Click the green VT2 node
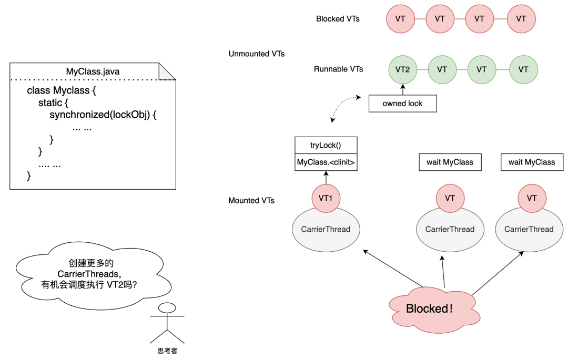(x=402, y=69)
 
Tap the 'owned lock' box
(x=402, y=104)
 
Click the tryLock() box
(x=326, y=146)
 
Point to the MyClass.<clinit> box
(x=326, y=162)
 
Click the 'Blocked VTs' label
(x=338, y=19)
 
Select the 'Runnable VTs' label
(x=338, y=69)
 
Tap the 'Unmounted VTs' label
(x=257, y=54)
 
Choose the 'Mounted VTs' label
(x=251, y=200)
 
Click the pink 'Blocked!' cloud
(x=429, y=308)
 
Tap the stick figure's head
(x=167, y=308)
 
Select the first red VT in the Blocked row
(x=400, y=19)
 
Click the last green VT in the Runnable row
(x=523, y=69)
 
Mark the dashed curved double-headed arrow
(x=342, y=107)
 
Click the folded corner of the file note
(x=168, y=71)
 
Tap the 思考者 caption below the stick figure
(x=167, y=351)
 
